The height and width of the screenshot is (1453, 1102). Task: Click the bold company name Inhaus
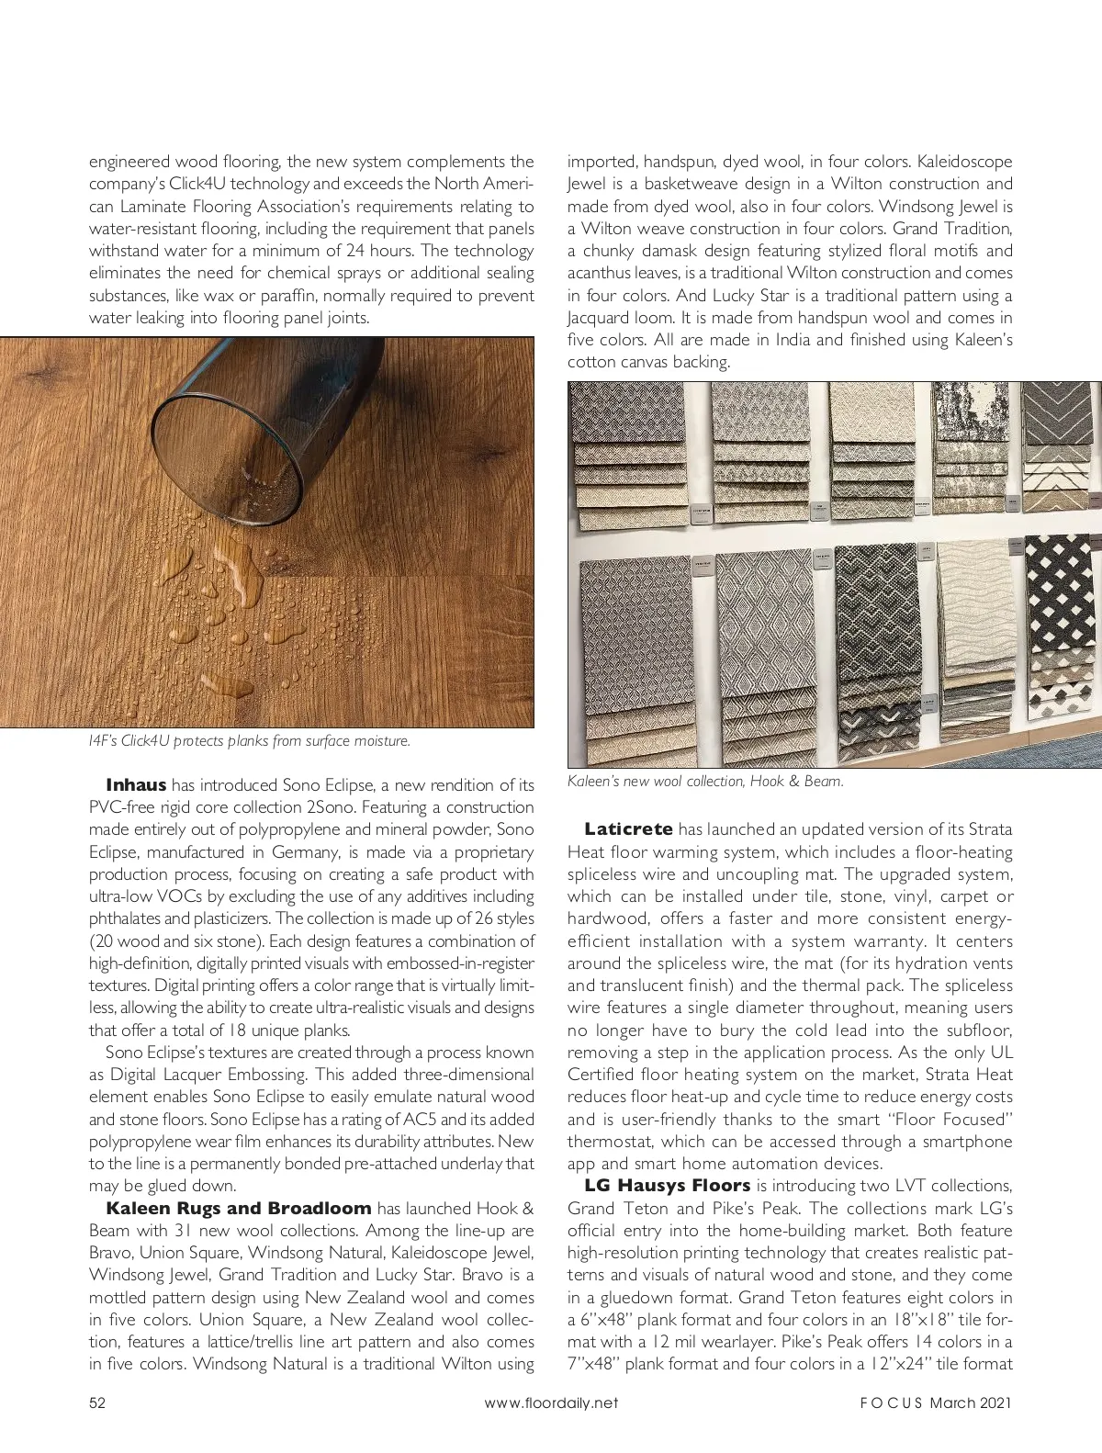[x=136, y=785]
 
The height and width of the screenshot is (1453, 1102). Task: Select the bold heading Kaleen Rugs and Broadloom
[x=239, y=1209]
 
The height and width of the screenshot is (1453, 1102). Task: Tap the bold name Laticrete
[x=628, y=829]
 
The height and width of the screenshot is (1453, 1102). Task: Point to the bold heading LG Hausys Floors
[x=667, y=1186]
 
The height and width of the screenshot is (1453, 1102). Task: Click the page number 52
[x=97, y=1402]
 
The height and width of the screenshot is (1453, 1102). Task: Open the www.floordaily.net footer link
[x=551, y=1402]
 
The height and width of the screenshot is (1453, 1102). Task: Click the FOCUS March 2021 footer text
[x=936, y=1402]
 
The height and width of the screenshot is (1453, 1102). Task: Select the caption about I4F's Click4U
[x=249, y=741]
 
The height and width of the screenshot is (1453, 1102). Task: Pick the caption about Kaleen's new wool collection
[x=705, y=782]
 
